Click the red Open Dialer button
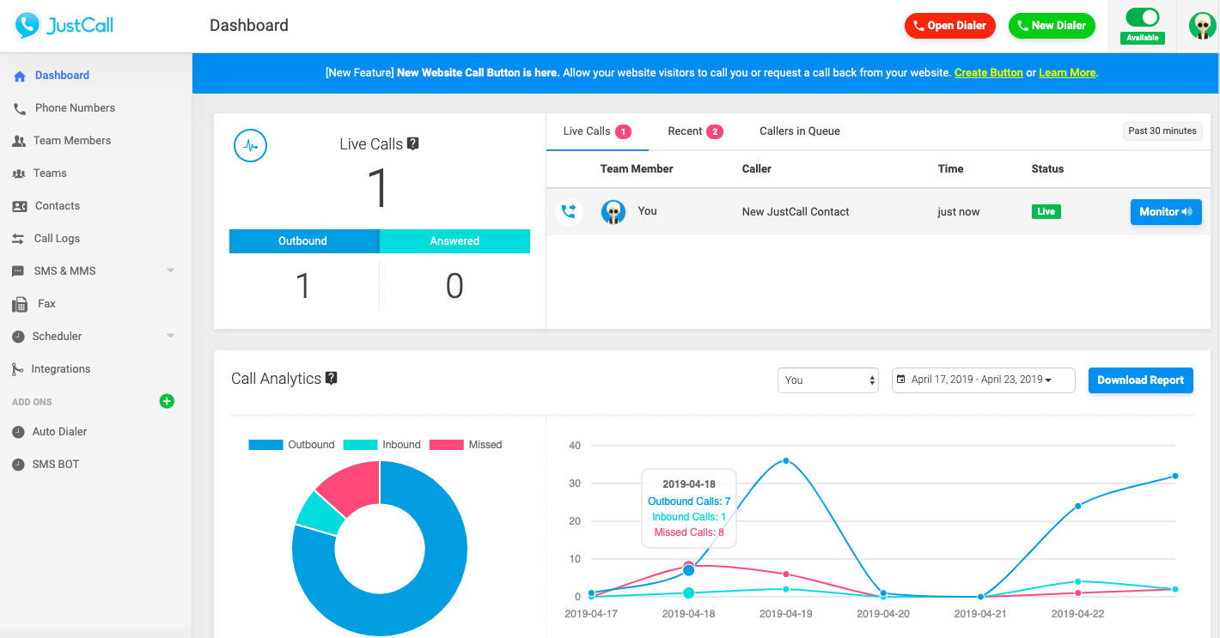949,26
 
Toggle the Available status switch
1142,17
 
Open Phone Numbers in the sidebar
75,108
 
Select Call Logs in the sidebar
57,239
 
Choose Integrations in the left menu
60,369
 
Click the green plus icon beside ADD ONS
167,401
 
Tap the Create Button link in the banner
988,73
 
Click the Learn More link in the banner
1067,73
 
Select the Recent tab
694,131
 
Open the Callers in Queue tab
799,131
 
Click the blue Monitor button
1165,212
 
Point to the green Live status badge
1046,211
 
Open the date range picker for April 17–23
983,380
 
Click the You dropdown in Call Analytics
827,380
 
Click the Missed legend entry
466,445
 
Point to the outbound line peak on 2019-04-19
785,461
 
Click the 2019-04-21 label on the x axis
980,614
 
